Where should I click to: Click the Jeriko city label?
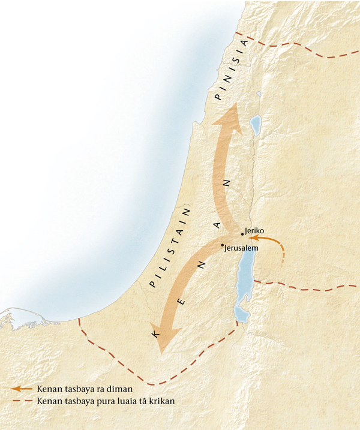255,230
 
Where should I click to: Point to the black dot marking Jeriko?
242,234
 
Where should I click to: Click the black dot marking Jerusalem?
222,245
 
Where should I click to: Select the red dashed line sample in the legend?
21,401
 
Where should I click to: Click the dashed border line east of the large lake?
306,286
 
